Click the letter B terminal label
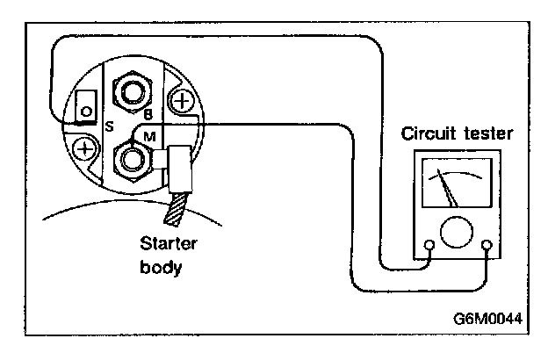[x=148, y=113]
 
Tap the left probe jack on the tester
[x=429, y=245]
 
